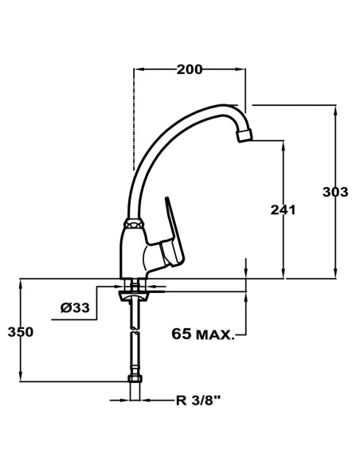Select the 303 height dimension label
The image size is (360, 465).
click(x=335, y=191)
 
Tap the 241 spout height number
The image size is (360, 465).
click(x=284, y=210)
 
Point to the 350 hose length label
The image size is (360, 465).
click(x=20, y=331)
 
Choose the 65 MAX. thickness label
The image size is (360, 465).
click(x=203, y=334)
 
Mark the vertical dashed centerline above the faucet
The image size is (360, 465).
click(x=133, y=119)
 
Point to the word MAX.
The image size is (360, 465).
click(x=217, y=334)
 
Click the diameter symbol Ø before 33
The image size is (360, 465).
click(x=64, y=308)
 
